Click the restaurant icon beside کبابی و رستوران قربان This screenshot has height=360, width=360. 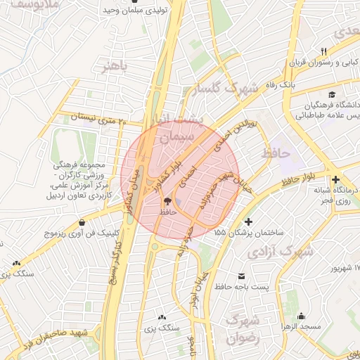323,51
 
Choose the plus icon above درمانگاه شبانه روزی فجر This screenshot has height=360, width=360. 336,180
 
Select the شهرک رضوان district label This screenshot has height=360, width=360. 243,329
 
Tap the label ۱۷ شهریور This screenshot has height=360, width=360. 345,269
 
